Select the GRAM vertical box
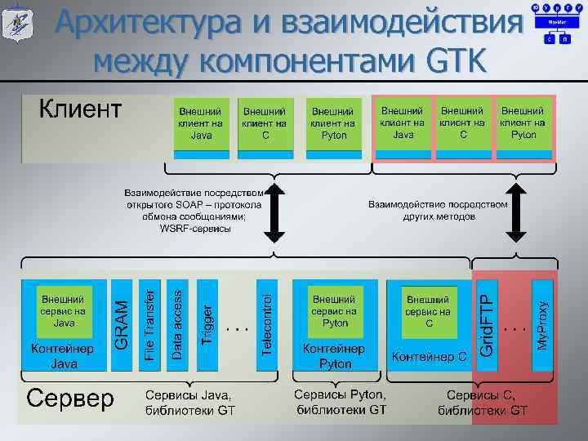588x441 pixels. tap(121, 322)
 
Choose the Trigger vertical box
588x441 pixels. tap(207, 322)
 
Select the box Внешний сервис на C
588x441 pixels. tap(428, 311)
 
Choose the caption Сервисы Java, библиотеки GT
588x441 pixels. tap(189, 401)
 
